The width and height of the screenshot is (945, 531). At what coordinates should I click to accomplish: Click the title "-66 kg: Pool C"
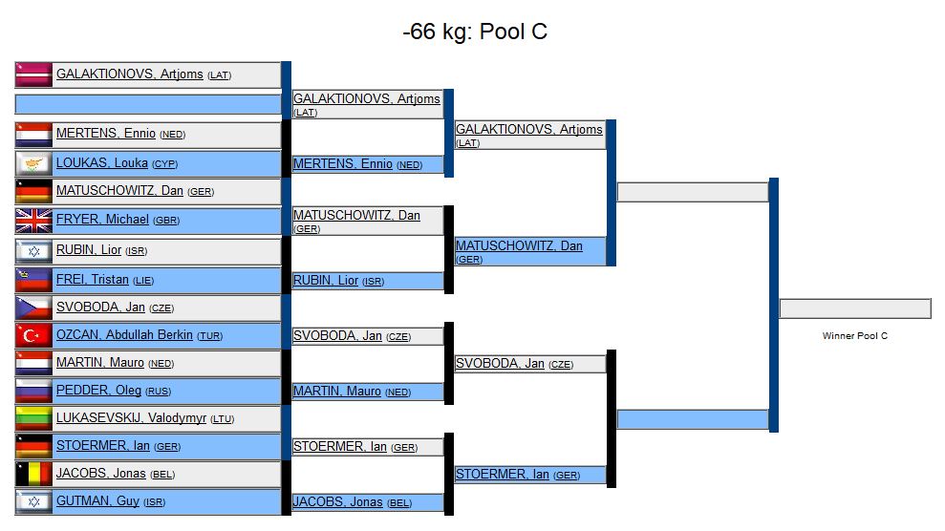[x=474, y=32]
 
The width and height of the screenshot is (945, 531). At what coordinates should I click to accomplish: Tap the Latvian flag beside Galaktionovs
[x=34, y=74]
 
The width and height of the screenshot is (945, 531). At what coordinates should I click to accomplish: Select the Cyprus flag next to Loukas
[x=34, y=163]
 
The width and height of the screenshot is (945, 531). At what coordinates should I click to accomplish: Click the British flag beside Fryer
[x=34, y=221]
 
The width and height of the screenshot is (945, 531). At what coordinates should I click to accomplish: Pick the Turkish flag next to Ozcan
[x=34, y=336]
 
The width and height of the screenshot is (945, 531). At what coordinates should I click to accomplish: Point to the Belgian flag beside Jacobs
[x=34, y=474]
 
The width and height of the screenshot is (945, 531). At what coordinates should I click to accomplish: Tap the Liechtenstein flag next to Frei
[x=34, y=280]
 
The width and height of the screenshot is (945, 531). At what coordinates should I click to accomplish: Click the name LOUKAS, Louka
[x=101, y=163]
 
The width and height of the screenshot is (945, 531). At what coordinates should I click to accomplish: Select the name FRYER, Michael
[x=102, y=220]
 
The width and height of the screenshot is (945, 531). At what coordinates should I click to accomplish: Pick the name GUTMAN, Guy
[x=97, y=501]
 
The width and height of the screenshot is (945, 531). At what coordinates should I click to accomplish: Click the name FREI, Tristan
[x=94, y=280]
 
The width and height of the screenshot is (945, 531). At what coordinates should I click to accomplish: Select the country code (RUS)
[x=160, y=392]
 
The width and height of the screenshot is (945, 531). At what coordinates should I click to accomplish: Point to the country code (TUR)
[x=209, y=336]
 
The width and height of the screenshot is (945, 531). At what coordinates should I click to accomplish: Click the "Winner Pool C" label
[x=855, y=336]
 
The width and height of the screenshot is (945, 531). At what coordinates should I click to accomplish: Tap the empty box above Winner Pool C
[x=855, y=308]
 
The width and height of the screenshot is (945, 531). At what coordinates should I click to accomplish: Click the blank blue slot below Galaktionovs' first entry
[x=148, y=103]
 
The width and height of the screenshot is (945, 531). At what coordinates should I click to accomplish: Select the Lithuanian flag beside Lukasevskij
[x=34, y=418]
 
